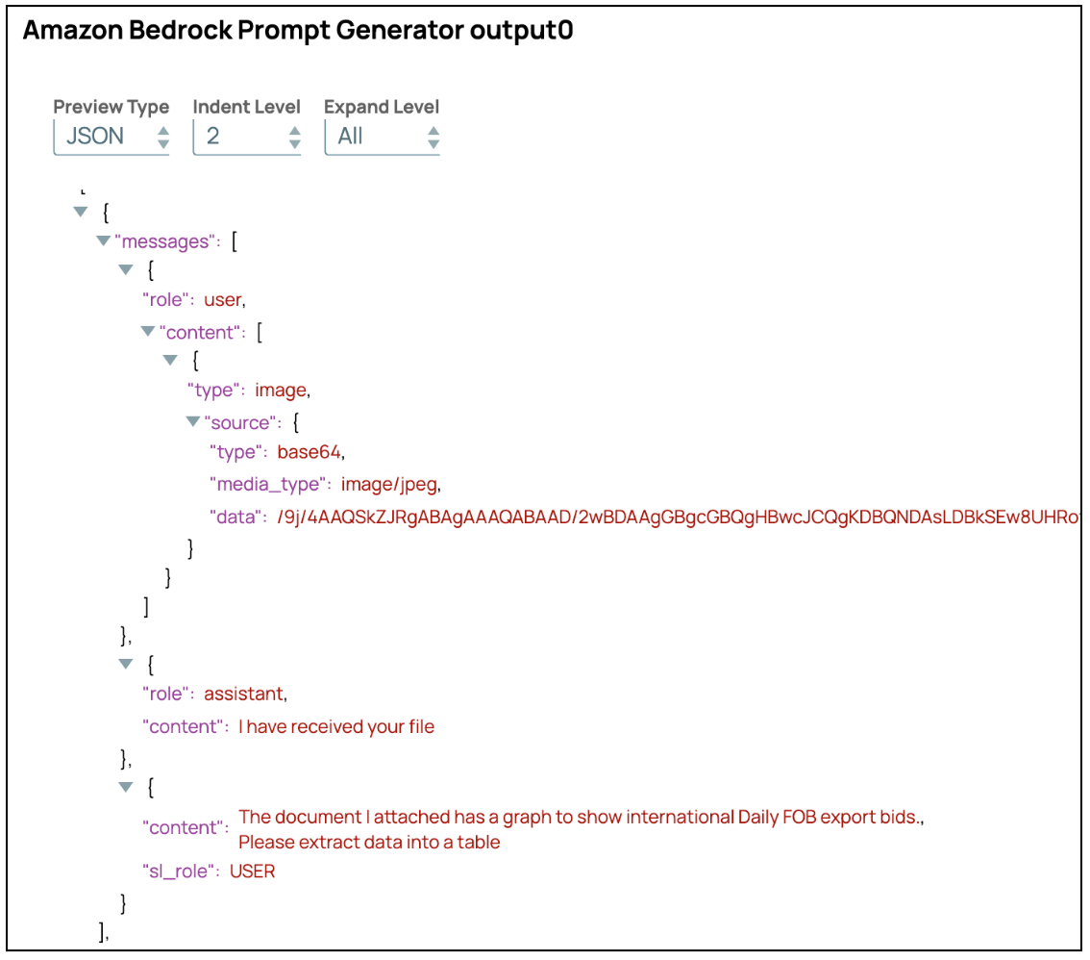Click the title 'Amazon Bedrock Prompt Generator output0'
coord(297,31)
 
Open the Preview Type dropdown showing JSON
coord(111,137)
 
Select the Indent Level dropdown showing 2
coord(247,137)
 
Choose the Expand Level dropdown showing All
coord(382,137)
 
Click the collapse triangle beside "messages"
coord(103,240)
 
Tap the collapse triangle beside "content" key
coord(147,332)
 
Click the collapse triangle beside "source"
coord(192,421)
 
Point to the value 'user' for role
coord(223,300)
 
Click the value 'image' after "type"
coord(280,391)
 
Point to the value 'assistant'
coord(244,694)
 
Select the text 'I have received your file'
coord(336,727)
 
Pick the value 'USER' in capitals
coord(252,872)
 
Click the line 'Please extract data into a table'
coord(369,843)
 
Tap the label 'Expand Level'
coord(382,107)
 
